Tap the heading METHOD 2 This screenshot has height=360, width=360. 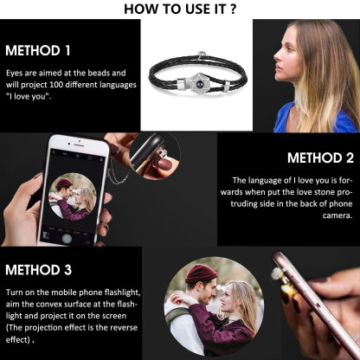[319, 157]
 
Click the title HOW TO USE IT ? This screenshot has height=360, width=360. [180, 10]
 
